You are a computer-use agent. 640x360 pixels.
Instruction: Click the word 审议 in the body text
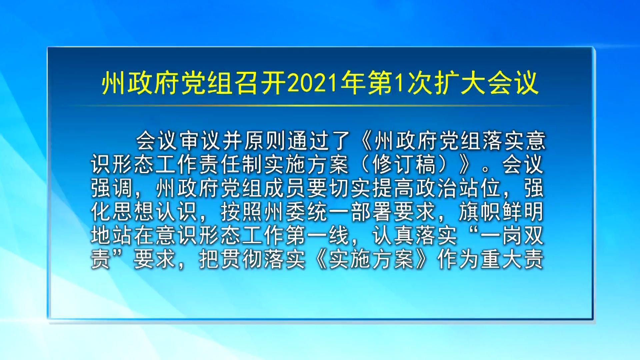200,141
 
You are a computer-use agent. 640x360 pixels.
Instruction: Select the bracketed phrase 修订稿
404,164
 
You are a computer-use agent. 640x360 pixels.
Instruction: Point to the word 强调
112,188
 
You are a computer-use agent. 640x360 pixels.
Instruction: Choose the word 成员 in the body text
285,188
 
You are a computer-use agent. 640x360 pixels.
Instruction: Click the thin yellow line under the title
320,106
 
